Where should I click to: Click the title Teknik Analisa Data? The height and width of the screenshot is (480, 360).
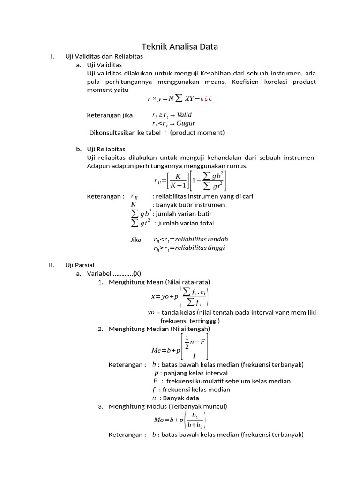[x=180, y=46]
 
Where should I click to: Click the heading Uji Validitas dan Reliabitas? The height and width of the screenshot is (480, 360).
[x=104, y=56]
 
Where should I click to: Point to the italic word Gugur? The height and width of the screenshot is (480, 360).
[x=186, y=124]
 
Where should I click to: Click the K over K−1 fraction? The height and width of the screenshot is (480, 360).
[x=178, y=180]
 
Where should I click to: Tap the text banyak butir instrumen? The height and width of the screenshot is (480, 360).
[x=190, y=205]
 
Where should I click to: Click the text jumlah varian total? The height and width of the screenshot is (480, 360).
[x=187, y=223]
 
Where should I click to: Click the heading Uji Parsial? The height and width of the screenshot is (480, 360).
[x=80, y=265]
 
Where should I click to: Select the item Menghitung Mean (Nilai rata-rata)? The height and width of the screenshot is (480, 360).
[x=159, y=282]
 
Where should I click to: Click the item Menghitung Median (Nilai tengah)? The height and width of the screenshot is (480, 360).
[x=159, y=329]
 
